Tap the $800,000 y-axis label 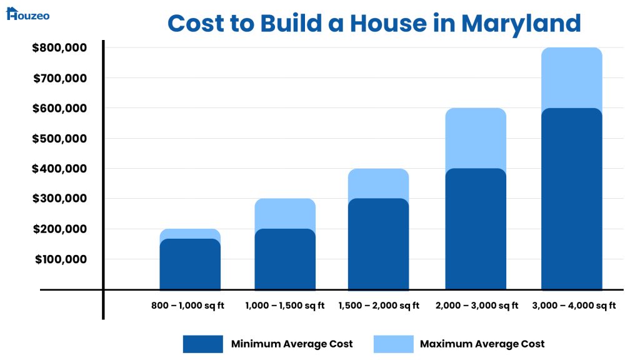point(59,48)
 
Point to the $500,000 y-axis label point(59,139)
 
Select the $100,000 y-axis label point(59,259)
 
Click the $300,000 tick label point(59,199)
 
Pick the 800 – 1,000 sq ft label point(187,306)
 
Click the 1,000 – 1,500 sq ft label point(285,306)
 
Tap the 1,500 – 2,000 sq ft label point(379,306)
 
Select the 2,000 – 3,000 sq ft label point(477,306)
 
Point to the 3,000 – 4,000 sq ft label point(574,306)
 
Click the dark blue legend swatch point(202,344)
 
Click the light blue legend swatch point(393,344)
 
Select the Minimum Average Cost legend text point(292,344)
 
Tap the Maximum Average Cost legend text point(482,344)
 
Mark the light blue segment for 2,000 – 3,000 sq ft point(476,137)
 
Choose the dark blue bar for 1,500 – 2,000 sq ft point(378,244)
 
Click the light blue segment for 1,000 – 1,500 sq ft point(285,212)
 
